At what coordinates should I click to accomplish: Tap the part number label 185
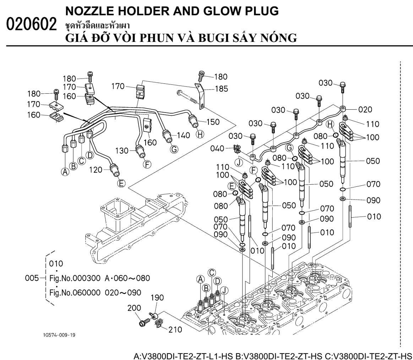tap(221, 88)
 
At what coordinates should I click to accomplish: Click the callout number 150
tap(212, 122)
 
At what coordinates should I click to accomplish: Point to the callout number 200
tap(135, 308)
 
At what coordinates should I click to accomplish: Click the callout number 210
tap(175, 329)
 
